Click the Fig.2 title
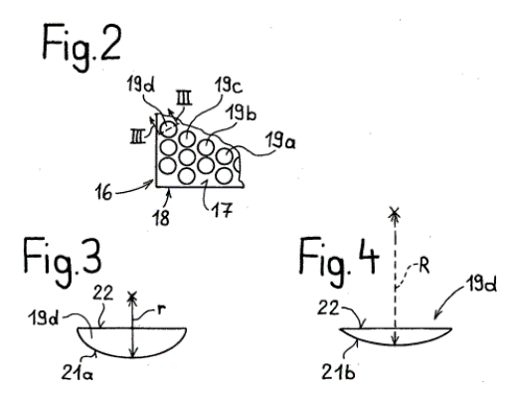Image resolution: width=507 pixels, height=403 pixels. (82, 47)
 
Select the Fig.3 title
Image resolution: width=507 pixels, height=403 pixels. (63, 261)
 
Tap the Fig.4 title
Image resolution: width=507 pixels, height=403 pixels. (339, 261)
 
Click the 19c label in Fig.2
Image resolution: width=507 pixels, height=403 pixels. (229, 86)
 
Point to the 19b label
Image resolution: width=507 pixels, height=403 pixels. (241, 112)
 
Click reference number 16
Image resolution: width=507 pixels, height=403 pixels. (103, 192)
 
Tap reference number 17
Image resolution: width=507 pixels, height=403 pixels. (223, 209)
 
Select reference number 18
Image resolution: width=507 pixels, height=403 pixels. (161, 217)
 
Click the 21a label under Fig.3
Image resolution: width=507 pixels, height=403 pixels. (78, 373)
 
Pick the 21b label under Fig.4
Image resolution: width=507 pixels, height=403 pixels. (339, 372)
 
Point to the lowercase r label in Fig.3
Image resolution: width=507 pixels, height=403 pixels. (161, 309)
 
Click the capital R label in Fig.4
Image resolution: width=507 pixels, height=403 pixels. (423, 266)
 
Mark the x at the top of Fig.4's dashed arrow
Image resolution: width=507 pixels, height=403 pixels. (395, 212)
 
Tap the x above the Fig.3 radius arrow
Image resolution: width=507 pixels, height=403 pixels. (132, 297)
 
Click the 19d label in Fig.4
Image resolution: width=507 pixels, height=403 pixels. (481, 285)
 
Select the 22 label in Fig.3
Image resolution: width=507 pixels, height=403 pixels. (102, 294)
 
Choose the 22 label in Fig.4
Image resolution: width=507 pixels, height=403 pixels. (328, 307)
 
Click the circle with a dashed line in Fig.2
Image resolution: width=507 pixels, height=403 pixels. (168, 127)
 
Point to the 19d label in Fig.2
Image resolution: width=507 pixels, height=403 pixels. (142, 85)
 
